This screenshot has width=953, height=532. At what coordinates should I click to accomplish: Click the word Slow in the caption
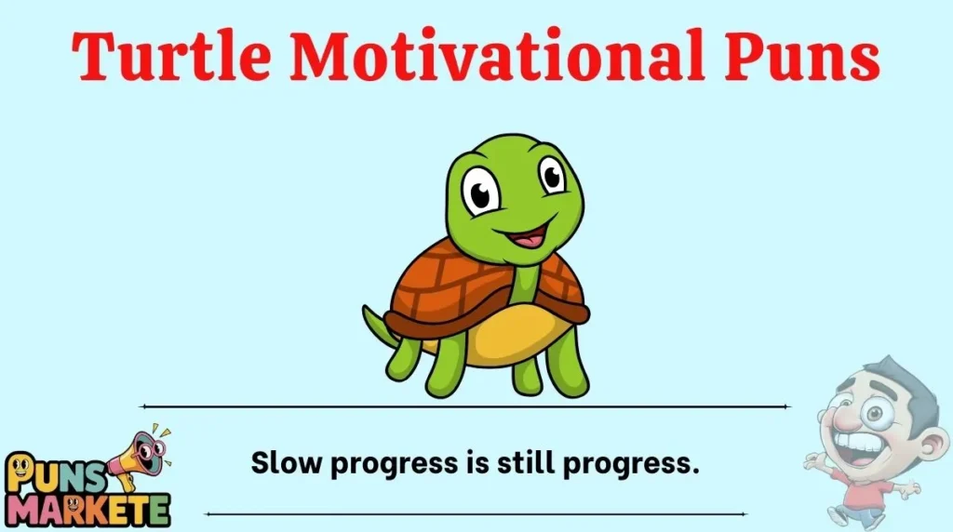click(280, 462)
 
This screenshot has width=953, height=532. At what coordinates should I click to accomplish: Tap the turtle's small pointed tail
click(372, 319)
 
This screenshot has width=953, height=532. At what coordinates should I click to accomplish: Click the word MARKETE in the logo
click(87, 508)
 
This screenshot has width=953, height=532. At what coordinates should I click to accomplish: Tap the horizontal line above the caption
click(465, 406)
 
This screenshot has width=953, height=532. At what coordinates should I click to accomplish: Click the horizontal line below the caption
click(475, 513)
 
